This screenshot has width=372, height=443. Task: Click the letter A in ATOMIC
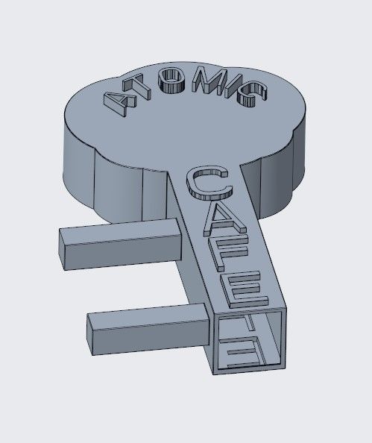tap(119, 104)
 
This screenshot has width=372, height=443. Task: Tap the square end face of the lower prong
tap(95, 336)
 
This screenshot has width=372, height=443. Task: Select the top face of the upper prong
tap(119, 228)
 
